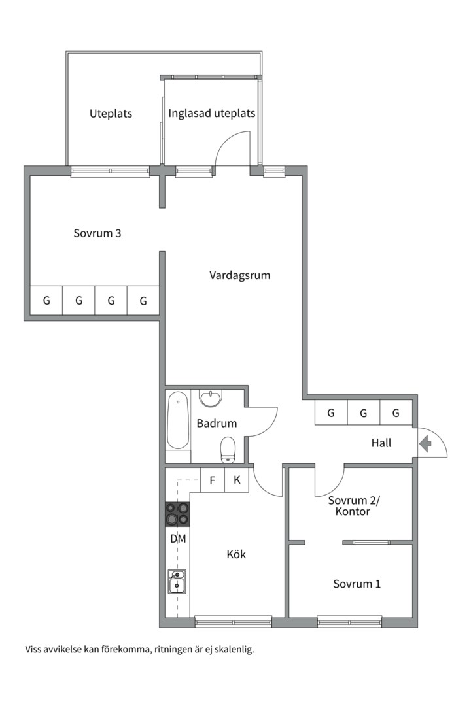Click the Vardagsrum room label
tap(239, 275)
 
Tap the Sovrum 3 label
tap(97, 233)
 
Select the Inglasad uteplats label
tap(211, 113)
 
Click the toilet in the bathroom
tap(228, 448)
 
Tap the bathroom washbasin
tap(211, 397)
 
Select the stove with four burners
tap(177, 514)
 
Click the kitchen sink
tap(177, 581)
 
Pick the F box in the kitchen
tap(212, 480)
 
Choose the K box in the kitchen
tap(237, 480)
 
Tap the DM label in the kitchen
tap(178, 539)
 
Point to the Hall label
tap(381, 443)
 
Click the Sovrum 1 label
tap(357, 584)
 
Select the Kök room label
tap(236, 554)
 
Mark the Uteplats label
tap(111, 114)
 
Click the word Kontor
tap(353, 511)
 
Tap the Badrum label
tap(217, 424)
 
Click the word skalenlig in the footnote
tap(230, 650)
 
